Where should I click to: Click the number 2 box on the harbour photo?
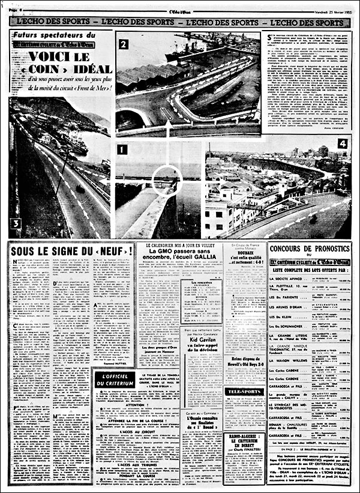click(122, 44)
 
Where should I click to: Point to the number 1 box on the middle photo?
click(122, 150)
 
